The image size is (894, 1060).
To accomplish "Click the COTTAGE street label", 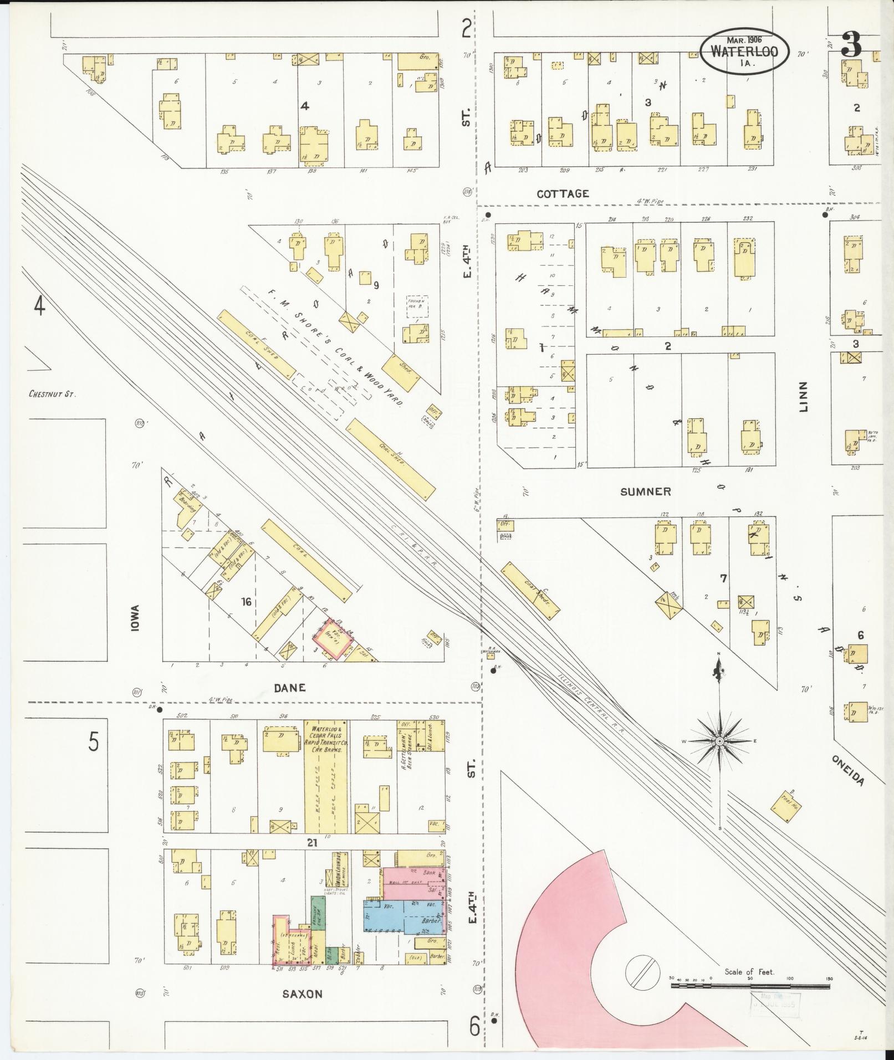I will click(562, 193).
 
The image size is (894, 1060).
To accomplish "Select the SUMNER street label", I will click(645, 491).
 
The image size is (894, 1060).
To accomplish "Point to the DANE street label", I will click(290, 688).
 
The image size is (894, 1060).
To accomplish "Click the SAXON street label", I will click(302, 994).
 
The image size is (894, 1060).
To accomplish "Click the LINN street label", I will click(804, 397).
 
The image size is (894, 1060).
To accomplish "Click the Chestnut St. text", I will click(52, 395).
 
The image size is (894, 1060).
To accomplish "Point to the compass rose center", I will click(719, 741).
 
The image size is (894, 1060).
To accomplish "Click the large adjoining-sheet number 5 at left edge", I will click(94, 742).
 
